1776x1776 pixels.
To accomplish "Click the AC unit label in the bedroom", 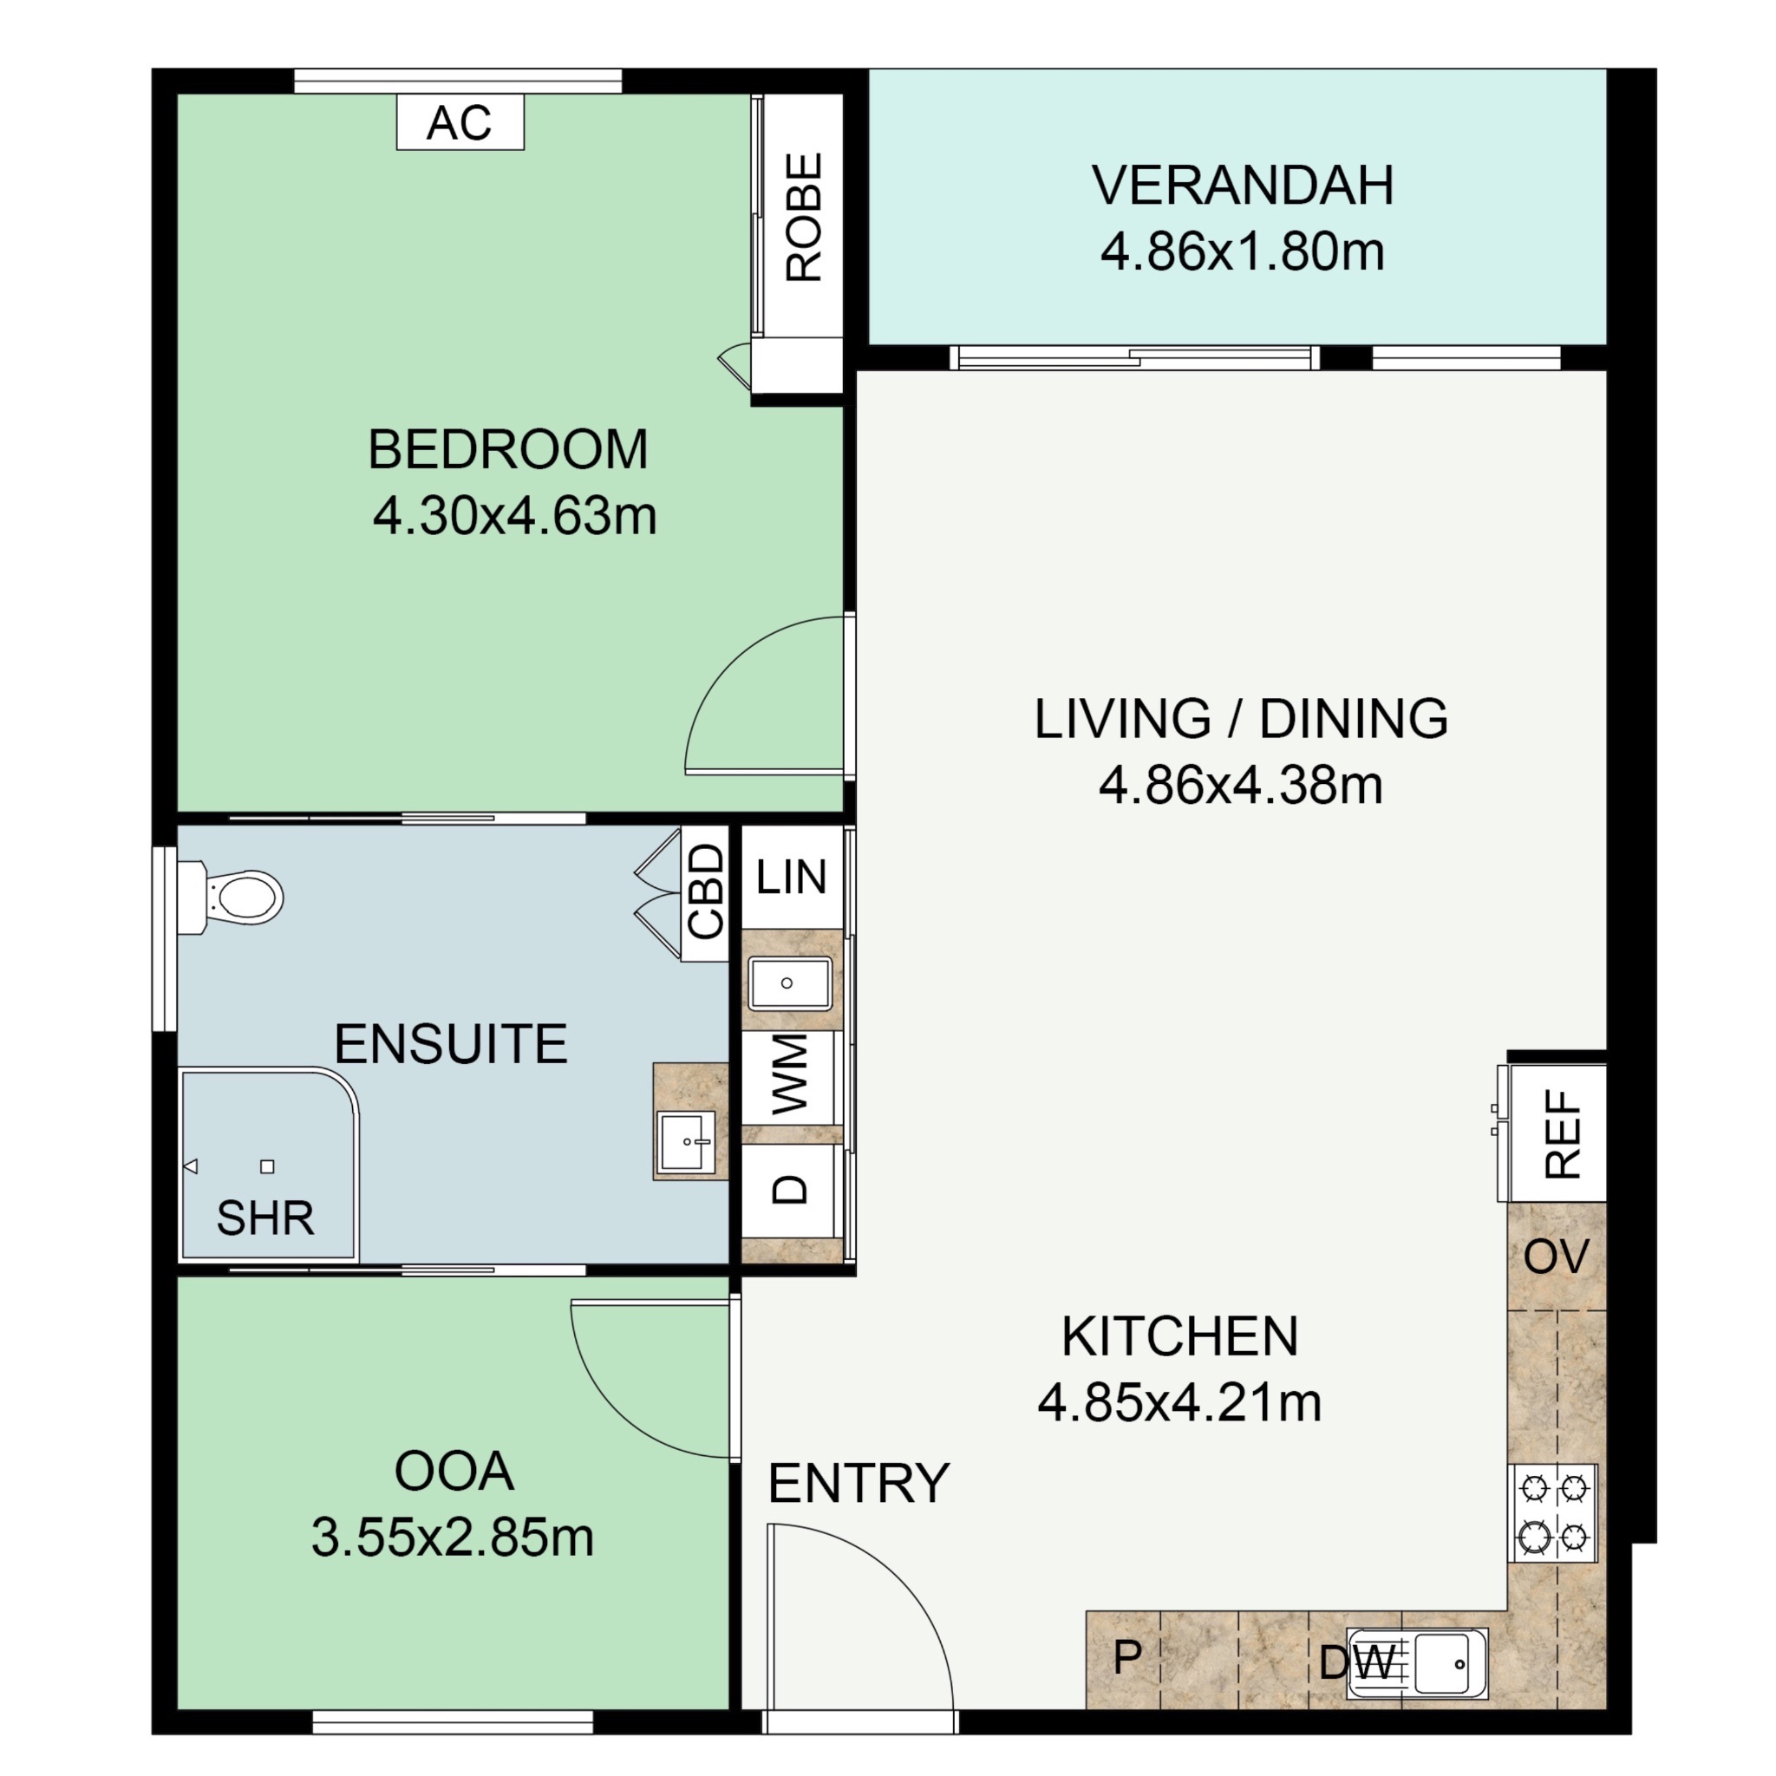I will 460,122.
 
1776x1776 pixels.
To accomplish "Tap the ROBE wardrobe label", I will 803,217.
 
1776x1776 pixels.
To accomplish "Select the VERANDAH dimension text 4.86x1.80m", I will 1242,251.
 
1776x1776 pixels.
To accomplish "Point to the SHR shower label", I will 265,1218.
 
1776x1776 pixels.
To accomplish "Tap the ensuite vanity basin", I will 687,1142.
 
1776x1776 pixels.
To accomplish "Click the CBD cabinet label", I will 706,891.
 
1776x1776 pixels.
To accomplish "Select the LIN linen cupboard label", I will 791,877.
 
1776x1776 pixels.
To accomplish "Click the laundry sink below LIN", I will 790,983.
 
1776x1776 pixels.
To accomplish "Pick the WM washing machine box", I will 791,1074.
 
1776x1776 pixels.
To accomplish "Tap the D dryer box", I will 791,1190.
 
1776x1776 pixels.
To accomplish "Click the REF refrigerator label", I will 1563,1133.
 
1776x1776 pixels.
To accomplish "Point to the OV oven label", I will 1556,1257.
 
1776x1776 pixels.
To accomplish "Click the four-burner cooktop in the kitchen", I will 1552,1512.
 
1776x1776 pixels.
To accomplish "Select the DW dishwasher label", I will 1357,1662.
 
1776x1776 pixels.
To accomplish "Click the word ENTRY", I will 859,1484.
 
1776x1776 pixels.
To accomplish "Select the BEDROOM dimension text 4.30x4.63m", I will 515,517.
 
